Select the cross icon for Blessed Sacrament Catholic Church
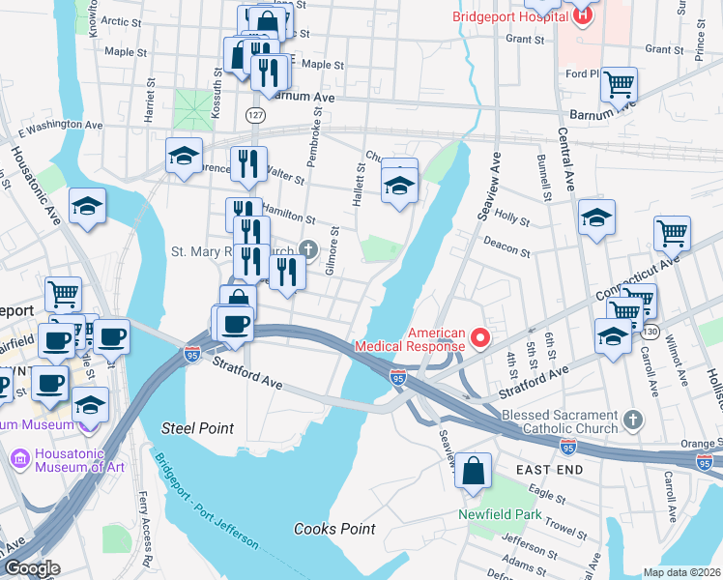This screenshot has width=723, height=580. point(633,420)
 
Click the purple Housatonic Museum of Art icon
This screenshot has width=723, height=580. point(19,456)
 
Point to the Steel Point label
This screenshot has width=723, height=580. point(197,427)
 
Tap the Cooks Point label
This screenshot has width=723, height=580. point(334,529)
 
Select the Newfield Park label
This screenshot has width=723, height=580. point(500,514)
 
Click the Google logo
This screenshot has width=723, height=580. point(31,568)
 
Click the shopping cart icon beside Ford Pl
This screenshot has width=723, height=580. point(619,84)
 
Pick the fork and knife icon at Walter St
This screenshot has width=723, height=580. point(248,164)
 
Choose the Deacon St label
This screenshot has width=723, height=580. point(506,248)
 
